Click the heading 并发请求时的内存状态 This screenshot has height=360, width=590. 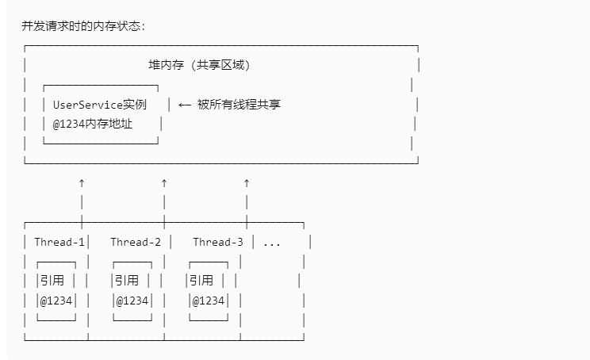coord(83,26)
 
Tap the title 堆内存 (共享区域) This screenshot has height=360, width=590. coord(205,65)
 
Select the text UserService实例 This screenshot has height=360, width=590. coord(100,104)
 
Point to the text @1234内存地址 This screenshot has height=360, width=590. coord(93,124)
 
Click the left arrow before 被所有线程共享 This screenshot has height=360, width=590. coord(184,104)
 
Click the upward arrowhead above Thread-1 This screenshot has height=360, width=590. coord(82,183)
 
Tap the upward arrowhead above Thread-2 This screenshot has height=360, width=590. coord(164,183)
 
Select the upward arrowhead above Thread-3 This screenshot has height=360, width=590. coord(247,183)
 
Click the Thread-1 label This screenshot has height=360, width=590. coord(59,242)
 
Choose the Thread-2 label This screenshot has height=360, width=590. coord(136,242)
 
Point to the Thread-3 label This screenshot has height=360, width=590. coord(218,242)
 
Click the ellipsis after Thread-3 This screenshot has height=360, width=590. coord(272,243)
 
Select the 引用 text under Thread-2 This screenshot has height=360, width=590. coord(127,280)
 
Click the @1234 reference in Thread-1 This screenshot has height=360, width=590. coord(56,301)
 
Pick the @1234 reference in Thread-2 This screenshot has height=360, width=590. coord(132,301)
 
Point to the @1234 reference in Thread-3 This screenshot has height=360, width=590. coord(209,301)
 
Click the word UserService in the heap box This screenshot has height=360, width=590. coord(88,104)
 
